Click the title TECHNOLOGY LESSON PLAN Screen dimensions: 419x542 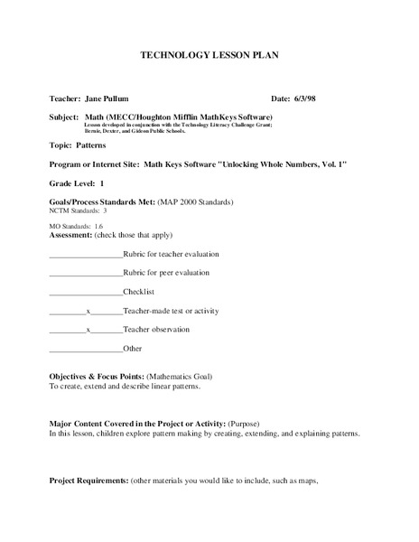tap(209, 55)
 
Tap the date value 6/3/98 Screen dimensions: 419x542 tap(307, 97)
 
